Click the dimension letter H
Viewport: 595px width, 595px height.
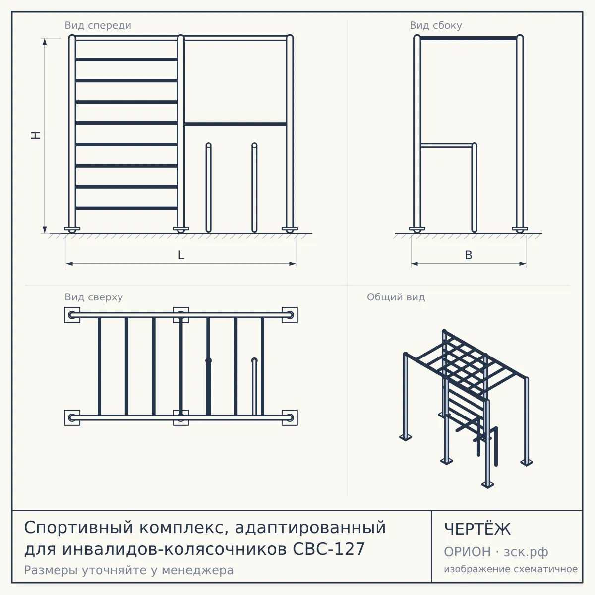point(36,135)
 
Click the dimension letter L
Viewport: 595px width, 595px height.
point(181,255)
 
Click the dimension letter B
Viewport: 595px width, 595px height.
point(469,255)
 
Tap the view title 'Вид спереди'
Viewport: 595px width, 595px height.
point(98,25)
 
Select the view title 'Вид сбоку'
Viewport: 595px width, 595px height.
point(436,25)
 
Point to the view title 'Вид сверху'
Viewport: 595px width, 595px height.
point(94,297)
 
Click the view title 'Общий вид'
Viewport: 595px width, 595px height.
point(396,297)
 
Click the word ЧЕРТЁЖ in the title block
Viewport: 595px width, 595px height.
point(477,529)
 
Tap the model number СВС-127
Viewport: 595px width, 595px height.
point(329,549)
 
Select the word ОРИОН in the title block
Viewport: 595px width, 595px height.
point(467,552)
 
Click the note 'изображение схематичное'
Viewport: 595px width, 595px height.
point(511,569)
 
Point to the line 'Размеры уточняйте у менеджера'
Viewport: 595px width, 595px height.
point(129,570)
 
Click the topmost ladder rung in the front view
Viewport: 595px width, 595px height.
point(126,59)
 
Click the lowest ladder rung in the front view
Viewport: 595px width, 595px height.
point(126,208)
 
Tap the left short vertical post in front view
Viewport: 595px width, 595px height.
point(208,187)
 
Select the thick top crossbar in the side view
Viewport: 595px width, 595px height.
point(469,38)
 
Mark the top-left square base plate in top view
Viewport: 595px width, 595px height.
point(72,315)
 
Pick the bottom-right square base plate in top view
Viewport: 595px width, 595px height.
point(290,418)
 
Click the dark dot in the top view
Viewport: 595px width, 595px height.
point(208,360)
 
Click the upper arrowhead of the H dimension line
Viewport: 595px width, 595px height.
point(45,41)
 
